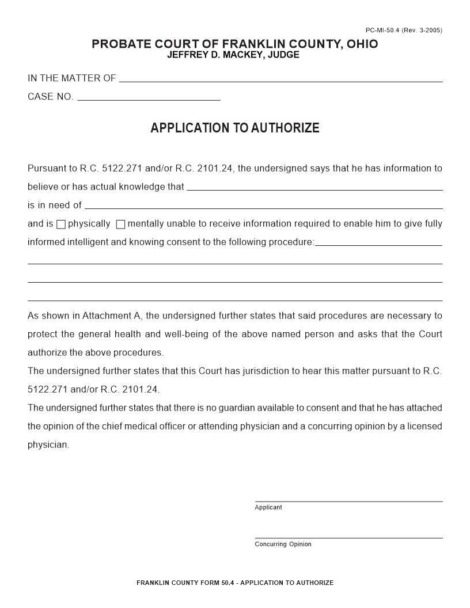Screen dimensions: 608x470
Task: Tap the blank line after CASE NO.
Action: tap(149, 98)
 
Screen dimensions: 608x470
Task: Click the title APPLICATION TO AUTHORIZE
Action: tap(234, 128)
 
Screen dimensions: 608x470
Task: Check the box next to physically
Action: tap(61, 225)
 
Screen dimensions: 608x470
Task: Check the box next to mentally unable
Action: tap(120, 225)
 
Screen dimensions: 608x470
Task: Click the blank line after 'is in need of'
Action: tap(263, 206)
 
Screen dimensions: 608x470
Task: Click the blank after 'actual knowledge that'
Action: tap(314, 188)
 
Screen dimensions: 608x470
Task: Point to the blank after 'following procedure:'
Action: tap(378, 243)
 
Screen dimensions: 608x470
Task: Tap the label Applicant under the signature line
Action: tap(268, 507)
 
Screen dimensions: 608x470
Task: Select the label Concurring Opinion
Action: tap(283, 544)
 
